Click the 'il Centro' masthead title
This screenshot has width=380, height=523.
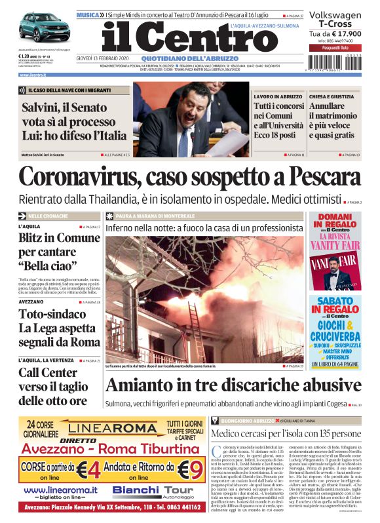(x=190, y=38)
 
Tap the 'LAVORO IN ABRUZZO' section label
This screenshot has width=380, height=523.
(x=278, y=96)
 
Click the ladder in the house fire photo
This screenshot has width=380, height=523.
(x=195, y=328)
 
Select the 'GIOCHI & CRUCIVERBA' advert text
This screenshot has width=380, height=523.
(x=335, y=329)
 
